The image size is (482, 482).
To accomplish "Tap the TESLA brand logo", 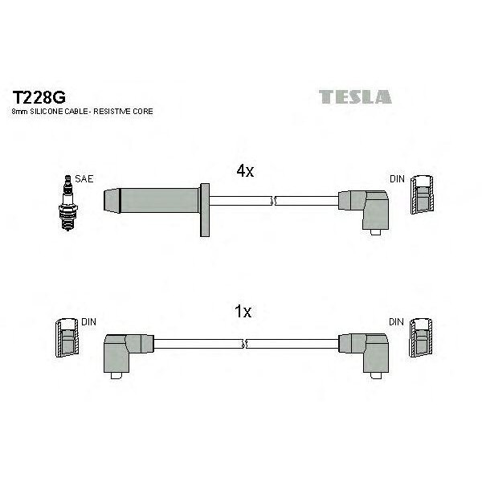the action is [x=355, y=98].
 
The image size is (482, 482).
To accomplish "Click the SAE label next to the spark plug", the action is [x=84, y=179].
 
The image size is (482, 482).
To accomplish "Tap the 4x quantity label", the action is [x=245, y=171].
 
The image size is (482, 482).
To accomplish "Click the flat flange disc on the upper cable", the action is [x=206, y=209].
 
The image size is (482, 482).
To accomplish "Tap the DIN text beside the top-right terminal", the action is [x=397, y=179].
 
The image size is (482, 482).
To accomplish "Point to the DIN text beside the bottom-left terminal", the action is [x=88, y=322].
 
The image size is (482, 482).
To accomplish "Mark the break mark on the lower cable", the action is [x=244, y=345].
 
